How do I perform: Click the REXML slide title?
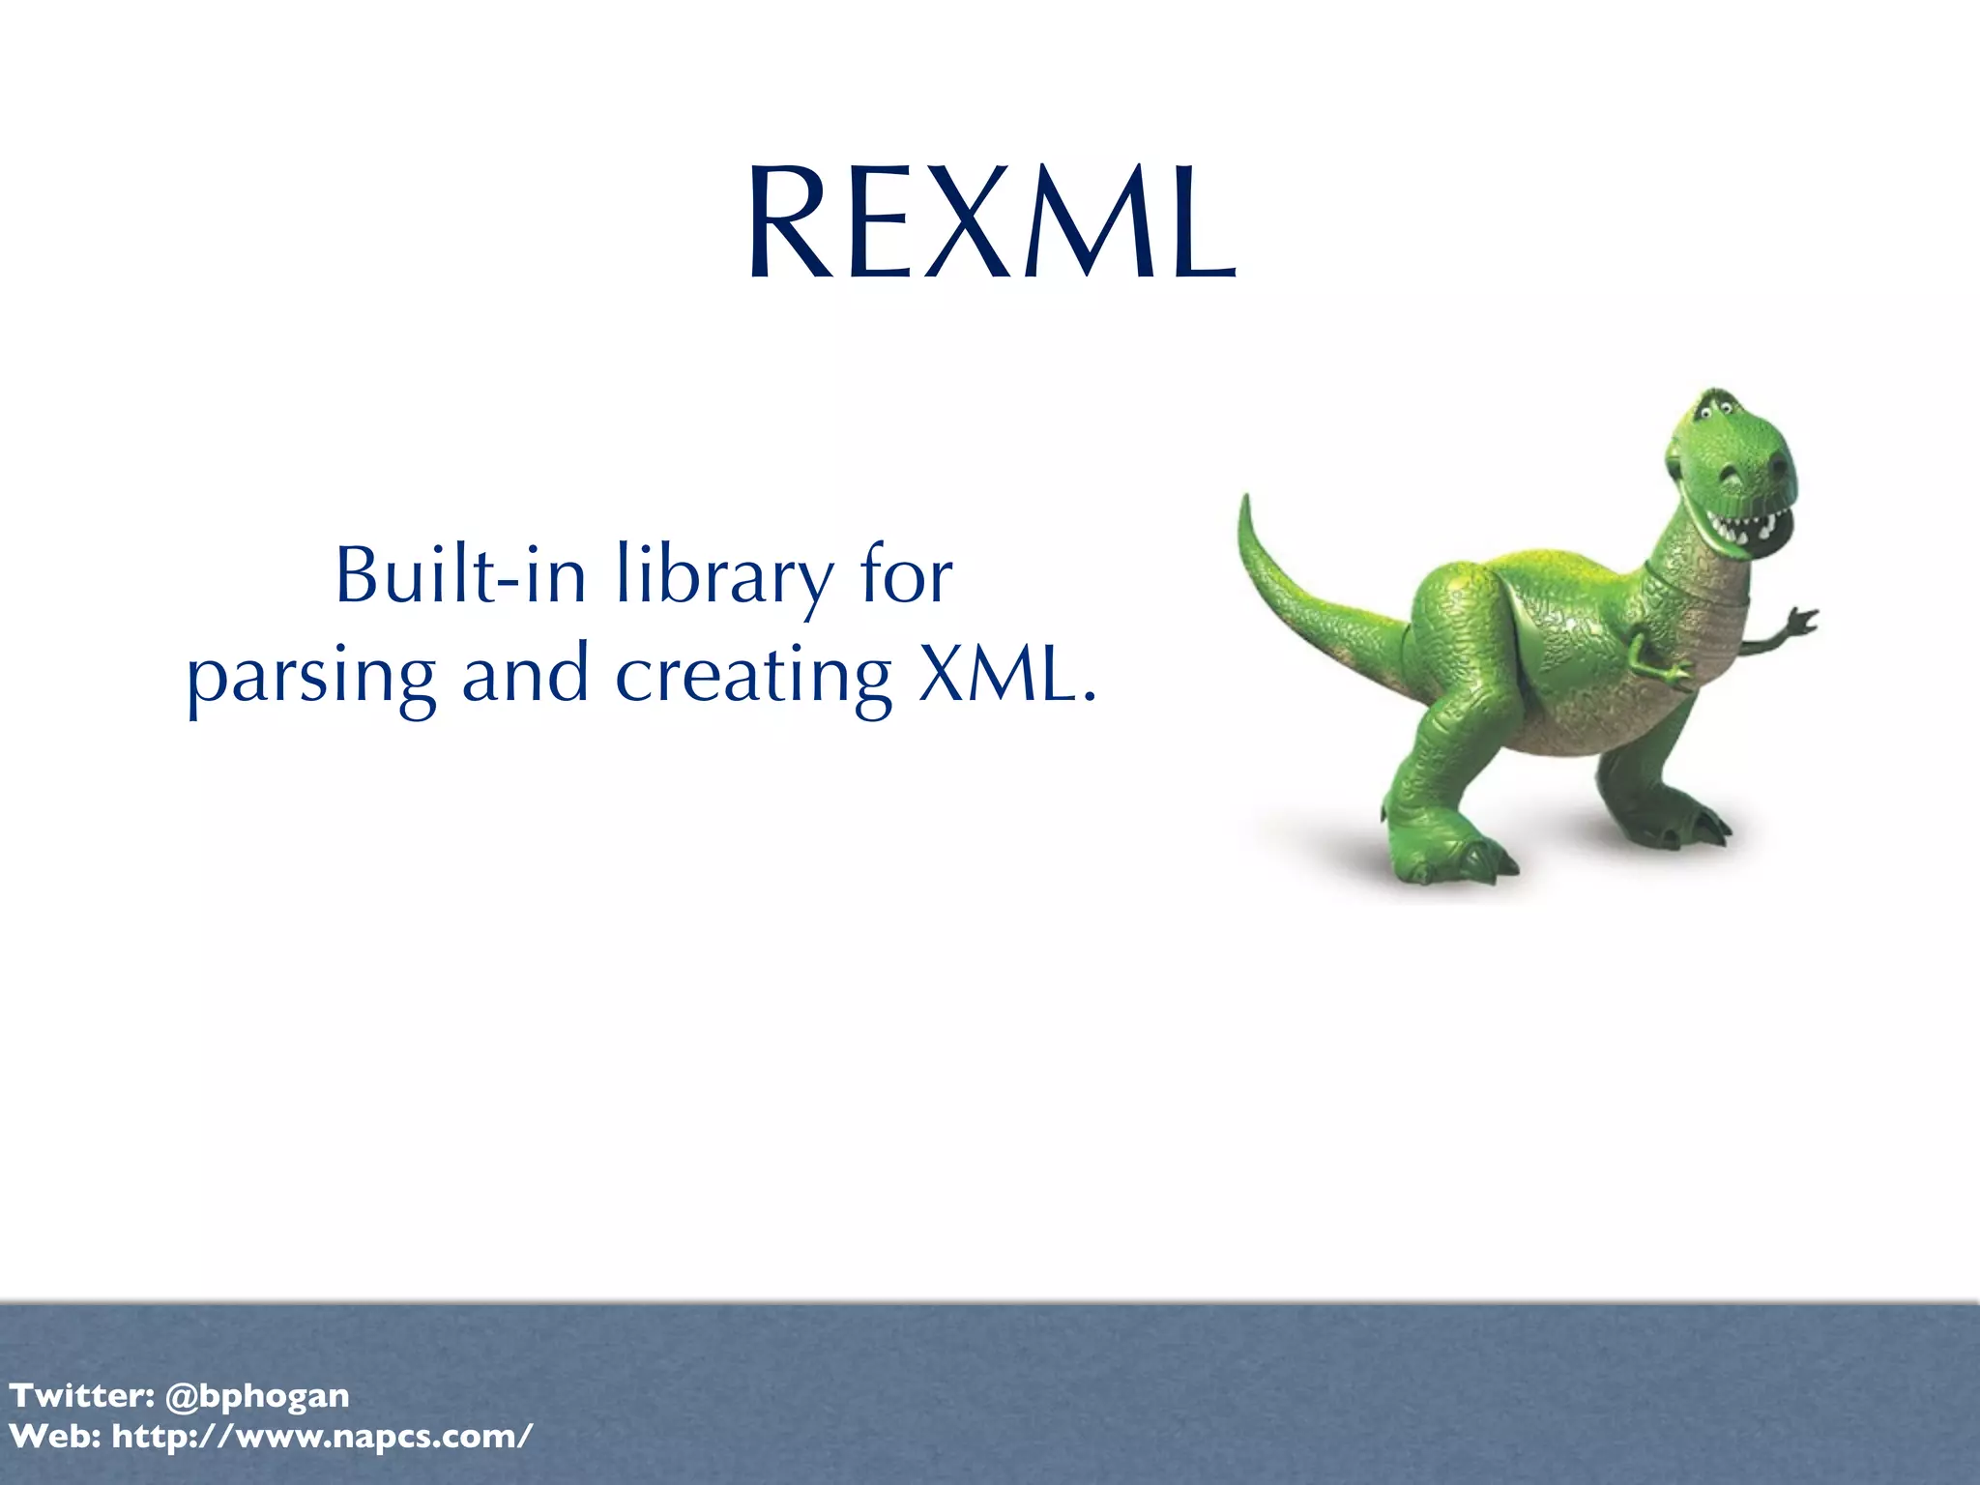click(x=991, y=223)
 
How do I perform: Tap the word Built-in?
click(x=460, y=575)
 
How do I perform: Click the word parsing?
click(x=310, y=677)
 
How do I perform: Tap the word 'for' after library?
click(x=906, y=575)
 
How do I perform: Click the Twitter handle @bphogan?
click(x=257, y=1395)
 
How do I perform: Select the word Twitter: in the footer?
click(x=81, y=1395)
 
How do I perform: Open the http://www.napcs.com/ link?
click(x=322, y=1437)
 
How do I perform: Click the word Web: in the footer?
click(x=55, y=1437)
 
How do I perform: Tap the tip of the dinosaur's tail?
click(x=1245, y=502)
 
